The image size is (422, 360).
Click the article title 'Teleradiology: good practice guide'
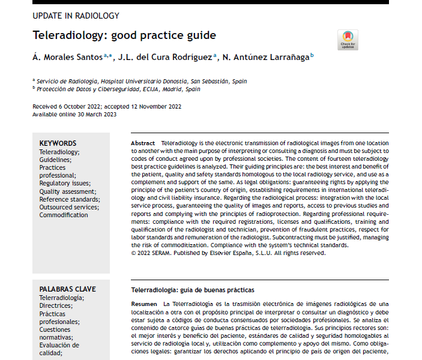tap(124, 35)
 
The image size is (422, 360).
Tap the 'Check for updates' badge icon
tap(348, 38)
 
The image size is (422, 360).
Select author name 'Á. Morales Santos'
tap(67, 57)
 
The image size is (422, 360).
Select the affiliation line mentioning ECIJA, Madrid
tap(118, 89)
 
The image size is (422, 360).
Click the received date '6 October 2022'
tap(77, 106)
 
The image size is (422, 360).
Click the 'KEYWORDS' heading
tap(58, 143)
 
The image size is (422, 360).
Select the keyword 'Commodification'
tap(64, 215)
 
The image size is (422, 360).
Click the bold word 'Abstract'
tap(142, 143)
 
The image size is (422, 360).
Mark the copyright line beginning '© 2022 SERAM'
tap(228, 253)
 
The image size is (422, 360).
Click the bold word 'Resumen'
tap(144, 304)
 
